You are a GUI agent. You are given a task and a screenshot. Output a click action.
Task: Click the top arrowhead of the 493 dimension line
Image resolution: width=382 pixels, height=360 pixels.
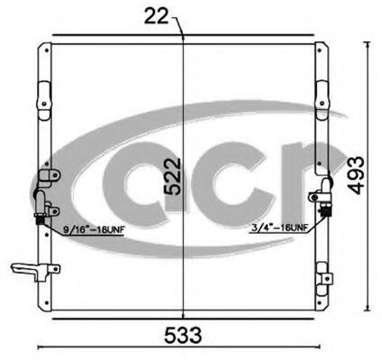(366, 41)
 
